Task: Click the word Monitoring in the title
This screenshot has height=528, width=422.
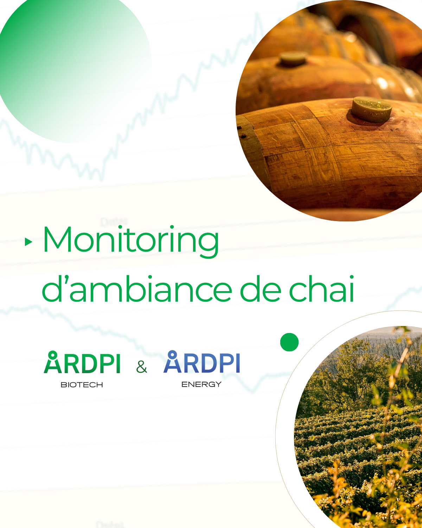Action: (x=131, y=240)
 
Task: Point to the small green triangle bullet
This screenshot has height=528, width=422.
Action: (x=28, y=242)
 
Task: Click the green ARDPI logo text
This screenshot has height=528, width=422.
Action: (x=82, y=363)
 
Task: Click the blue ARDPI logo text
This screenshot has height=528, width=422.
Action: (x=202, y=362)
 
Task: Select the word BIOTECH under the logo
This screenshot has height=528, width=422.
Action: (x=82, y=385)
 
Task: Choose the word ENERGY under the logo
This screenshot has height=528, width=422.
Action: (x=202, y=384)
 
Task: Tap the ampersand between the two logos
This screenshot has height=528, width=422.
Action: (x=141, y=367)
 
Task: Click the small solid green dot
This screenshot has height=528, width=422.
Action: (x=289, y=342)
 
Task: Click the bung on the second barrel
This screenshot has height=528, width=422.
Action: (x=293, y=59)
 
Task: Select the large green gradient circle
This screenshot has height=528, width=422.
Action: (x=70, y=67)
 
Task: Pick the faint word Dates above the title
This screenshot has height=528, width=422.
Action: (x=114, y=222)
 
